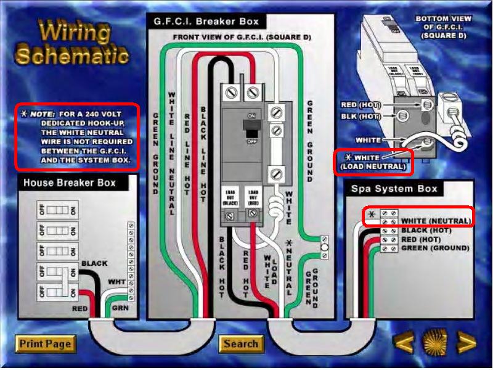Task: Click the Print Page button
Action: [x=44, y=343]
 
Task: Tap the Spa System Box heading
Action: [x=394, y=188]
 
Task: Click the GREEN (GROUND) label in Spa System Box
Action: [x=435, y=248]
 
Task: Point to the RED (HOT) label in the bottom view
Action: [x=360, y=105]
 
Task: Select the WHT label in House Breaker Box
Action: [x=116, y=283]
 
